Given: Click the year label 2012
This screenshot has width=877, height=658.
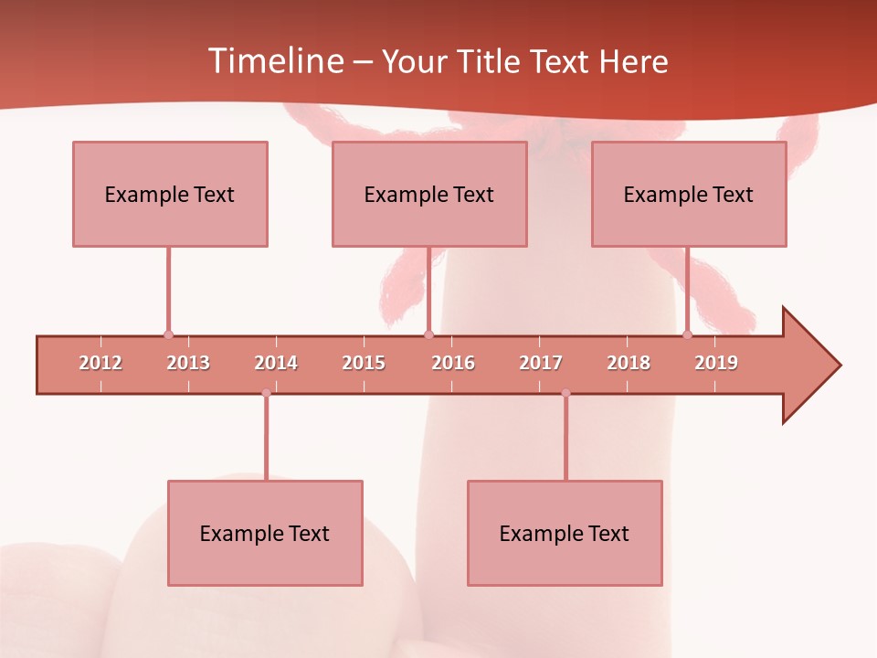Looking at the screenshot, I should (x=100, y=363).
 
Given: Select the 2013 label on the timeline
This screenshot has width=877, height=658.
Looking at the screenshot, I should (x=188, y=363).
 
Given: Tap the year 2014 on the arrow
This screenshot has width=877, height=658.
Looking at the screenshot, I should (x=276, y=363).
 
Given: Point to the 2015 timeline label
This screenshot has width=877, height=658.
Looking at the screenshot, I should (x=364, y=363).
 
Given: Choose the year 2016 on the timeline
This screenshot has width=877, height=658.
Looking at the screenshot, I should (x=453, y=363).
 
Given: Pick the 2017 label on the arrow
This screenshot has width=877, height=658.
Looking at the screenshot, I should (x=541, y=363).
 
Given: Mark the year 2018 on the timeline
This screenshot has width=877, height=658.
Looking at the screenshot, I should (x=629, y=363).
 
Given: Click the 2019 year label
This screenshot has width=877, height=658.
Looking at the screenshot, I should (x=716, y=363).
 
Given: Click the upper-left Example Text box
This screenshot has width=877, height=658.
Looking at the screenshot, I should (x=170, y=194).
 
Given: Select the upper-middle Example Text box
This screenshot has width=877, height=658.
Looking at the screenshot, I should (x=429, y=194).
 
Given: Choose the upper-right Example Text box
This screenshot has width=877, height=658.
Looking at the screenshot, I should (x=689, y=194).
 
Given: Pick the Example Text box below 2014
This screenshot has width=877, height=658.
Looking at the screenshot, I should (x=265, y=533).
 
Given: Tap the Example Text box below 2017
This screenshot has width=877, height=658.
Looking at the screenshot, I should (x=565, y=533).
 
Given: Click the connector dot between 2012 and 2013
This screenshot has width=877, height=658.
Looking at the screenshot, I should (x=168, y=335).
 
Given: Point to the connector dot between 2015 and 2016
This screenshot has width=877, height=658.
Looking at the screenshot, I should (x=428, y=335).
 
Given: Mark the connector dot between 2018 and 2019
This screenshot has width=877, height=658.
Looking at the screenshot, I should (x=688, y=335).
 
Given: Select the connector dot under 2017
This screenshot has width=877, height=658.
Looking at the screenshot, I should (x=565, y=393).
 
